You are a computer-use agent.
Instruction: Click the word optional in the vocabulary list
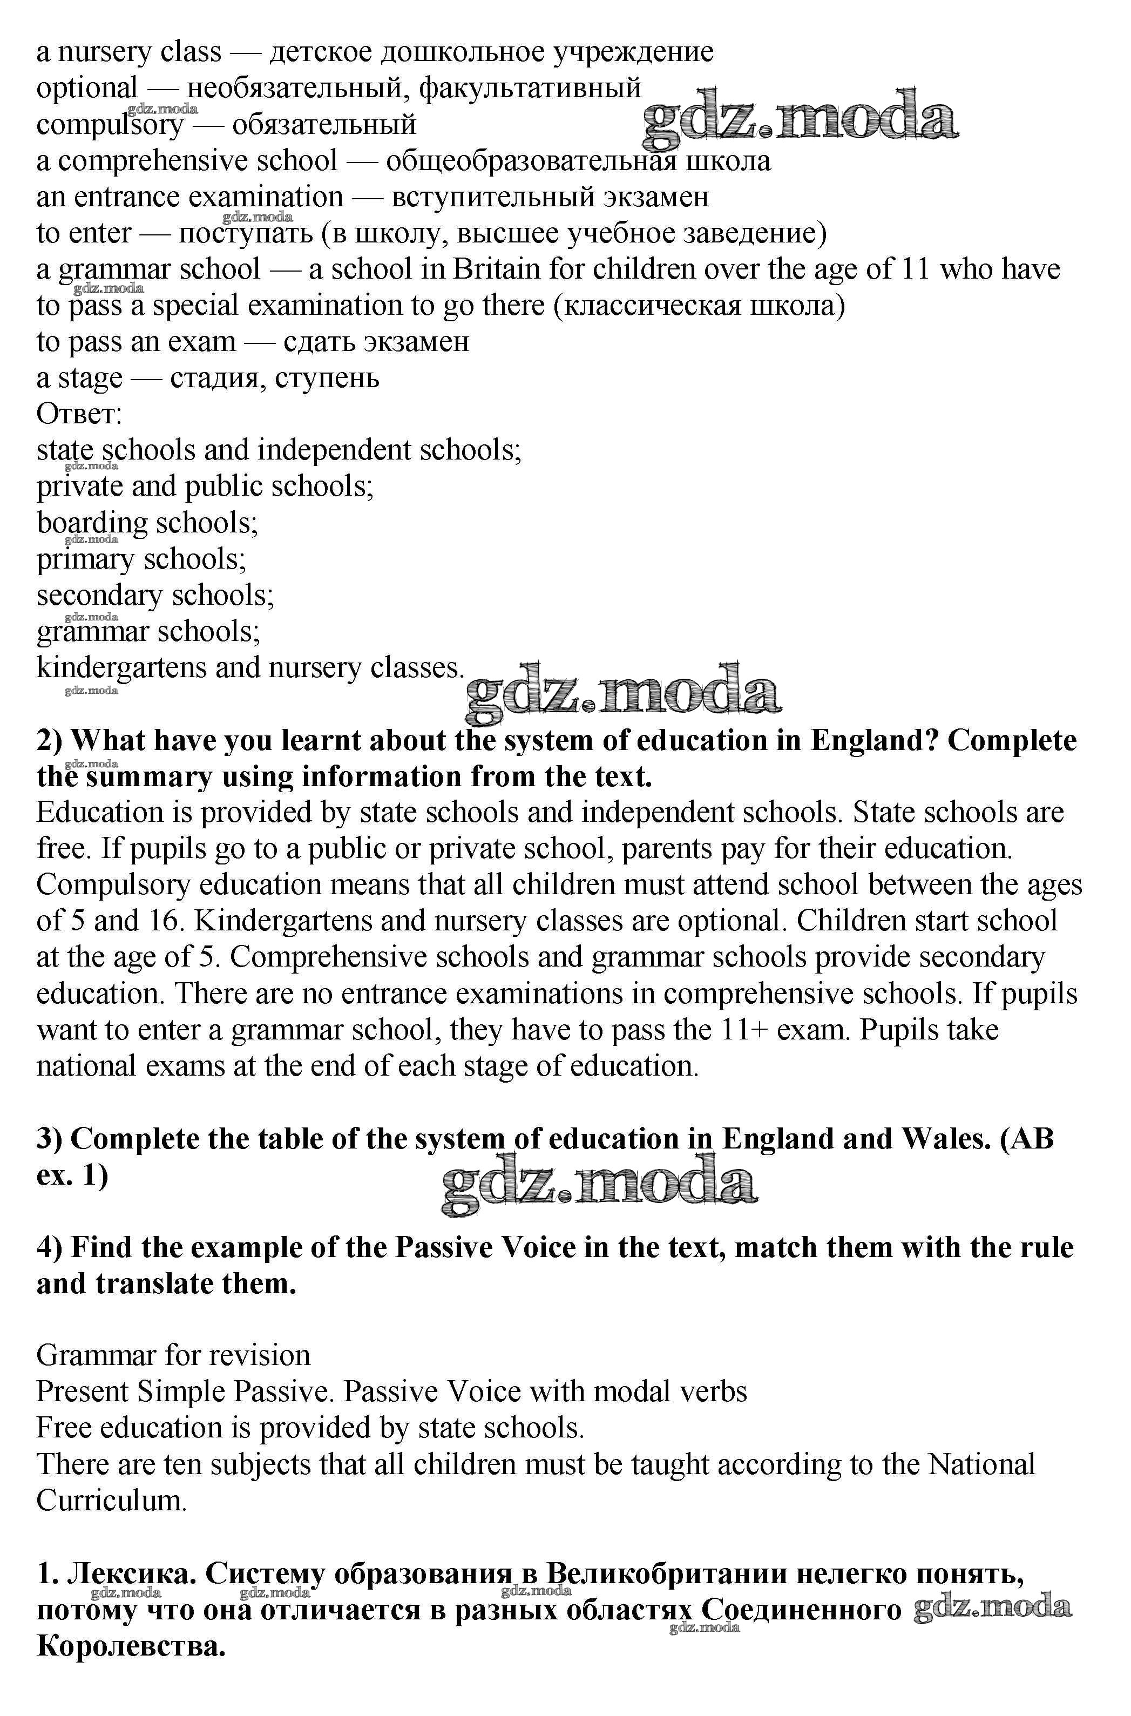tap(86, 89)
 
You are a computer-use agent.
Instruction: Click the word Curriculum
tap(111, 1501)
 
